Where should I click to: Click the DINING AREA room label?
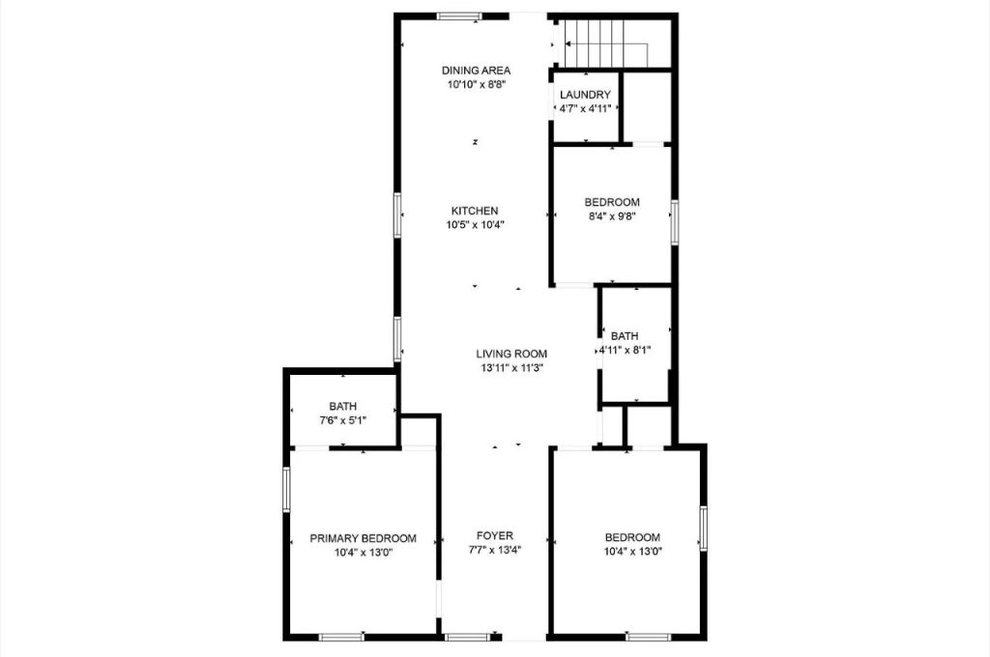point(476,71)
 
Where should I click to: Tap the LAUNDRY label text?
point(585,95)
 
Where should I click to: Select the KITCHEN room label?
point(475,211)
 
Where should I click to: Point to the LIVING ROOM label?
point(511,354)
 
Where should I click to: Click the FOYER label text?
point(494,536)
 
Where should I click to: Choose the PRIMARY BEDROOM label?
point(363,538)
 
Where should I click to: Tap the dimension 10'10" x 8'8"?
point(477,85)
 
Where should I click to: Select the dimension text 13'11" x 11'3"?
point(511,368)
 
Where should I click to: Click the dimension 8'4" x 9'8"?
point(612,217)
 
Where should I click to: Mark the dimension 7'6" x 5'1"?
point(342,421)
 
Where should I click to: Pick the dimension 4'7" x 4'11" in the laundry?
point(585,109)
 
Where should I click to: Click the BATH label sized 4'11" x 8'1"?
point(625,336)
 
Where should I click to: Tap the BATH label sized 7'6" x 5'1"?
point(342,407)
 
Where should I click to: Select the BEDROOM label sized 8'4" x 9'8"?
point(612,202)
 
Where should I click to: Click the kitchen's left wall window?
point(396,214)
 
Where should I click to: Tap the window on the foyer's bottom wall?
point(468,637)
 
